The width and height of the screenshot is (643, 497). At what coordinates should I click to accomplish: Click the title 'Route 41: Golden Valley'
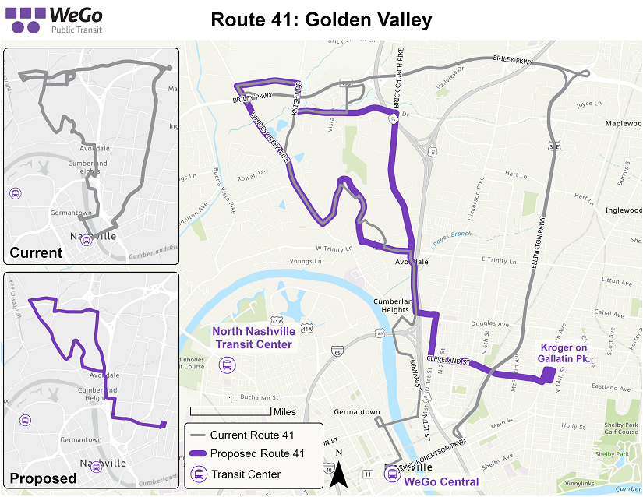click(x=321, y=19)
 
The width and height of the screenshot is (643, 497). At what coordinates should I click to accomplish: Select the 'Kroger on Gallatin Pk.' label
click(x=565, y=352)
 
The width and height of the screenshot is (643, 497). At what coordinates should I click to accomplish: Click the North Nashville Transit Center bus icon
click(x=228, y=365)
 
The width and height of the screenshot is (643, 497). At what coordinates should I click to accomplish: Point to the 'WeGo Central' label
click(x=441, y=481)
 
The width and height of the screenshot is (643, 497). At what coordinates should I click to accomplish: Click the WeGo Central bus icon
click(x=392, y=472)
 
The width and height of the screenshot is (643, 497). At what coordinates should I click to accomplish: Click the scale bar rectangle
click(x=230, y=411)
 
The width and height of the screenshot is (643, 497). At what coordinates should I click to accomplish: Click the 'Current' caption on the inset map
click(x=36, y=252)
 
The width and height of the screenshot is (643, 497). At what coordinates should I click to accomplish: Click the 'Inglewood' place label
click(x=623, y=210)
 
